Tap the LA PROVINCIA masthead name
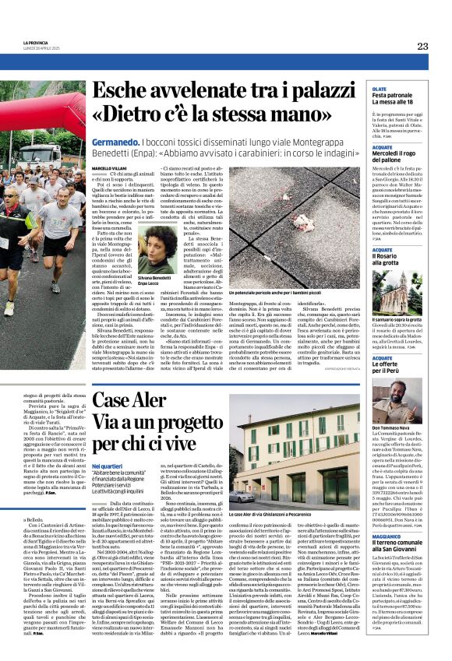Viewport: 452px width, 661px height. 34,43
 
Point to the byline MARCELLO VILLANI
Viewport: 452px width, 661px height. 108,167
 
